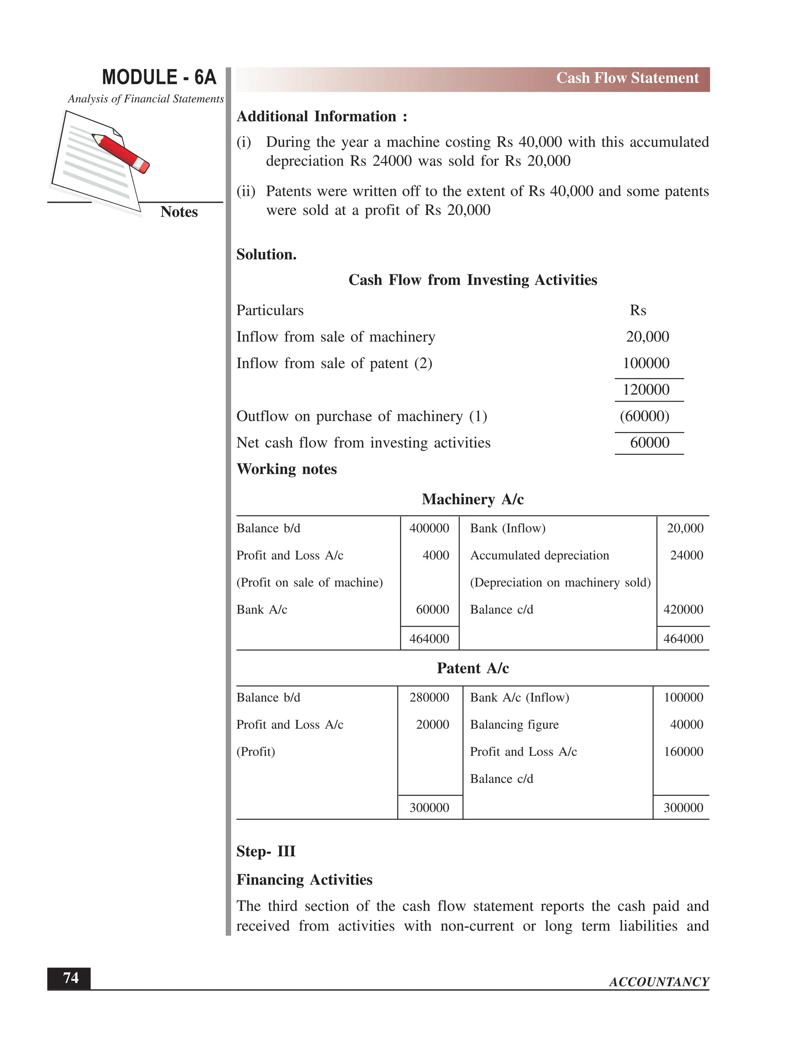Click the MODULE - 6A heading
click(x=159, y=78)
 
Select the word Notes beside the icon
click(x=179, y=212)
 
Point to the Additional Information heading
click(x=322, y=117)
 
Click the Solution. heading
click(x=266, y=255)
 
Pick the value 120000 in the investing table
click(x=646, y=390)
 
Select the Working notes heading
click(x=286, y=469)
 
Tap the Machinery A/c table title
click(x=473, y=500)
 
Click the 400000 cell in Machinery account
click(x=429, y=529)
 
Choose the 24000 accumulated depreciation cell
click(x=686, y=556)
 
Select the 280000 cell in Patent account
click(x=429, y=698)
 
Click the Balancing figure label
click(x=514, y=725)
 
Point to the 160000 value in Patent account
click(x=683, y=752)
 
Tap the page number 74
click(x=71, y=978)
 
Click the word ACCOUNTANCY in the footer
click(x=659, y=982)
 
